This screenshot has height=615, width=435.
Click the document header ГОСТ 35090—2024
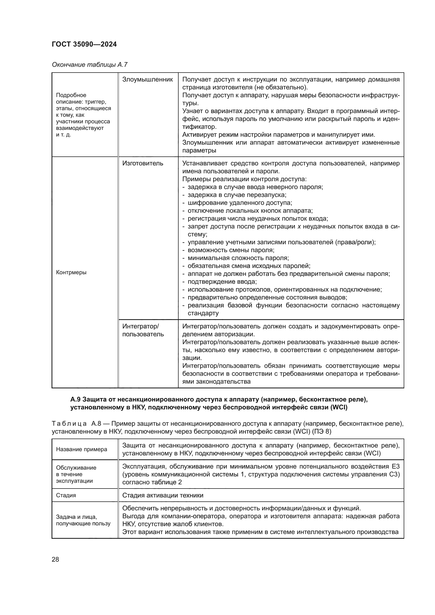point(84,44)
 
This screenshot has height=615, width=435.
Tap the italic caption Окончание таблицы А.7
point(89,65)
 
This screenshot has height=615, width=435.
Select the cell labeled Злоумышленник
point(148,80)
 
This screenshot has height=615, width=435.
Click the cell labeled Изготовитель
point(143,163)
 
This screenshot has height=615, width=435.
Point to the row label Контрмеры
point(71,272)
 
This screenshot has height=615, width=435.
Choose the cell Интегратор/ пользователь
point(143,330)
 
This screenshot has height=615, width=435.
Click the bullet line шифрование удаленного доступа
point(240,203)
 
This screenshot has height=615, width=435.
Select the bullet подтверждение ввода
point(222,282)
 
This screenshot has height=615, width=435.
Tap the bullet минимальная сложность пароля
point(238,258)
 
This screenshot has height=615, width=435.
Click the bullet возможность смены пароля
point(231,250)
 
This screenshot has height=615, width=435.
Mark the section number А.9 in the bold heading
point(75,400)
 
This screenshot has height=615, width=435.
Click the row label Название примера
point(82,449)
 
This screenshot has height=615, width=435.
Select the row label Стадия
point(66,495)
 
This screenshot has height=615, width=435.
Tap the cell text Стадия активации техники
point(163,495)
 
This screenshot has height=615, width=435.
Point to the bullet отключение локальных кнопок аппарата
point(250,211)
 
